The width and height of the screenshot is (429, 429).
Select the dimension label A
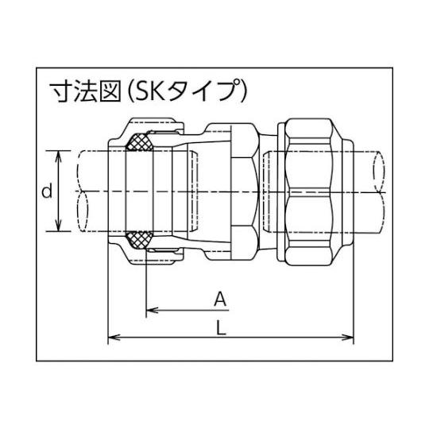pyautogui.click(x=222, y=299)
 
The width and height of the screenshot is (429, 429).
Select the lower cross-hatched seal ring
pyautogui.click(x=142, y=238)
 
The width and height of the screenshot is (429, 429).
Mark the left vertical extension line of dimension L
pyautogui.click(x=107, y=294)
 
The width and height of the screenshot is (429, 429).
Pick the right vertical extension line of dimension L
pyautogui.click(x=354, y=294)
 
